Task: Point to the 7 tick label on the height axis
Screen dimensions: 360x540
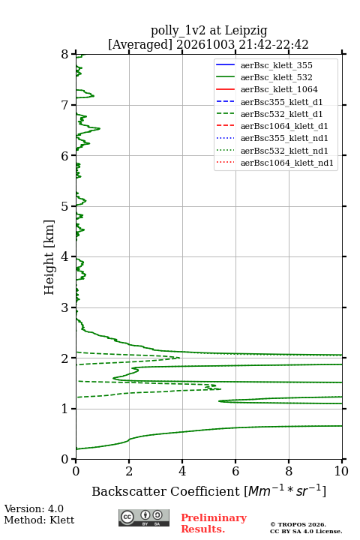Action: point(64,105)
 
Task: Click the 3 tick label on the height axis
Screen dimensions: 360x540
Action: point(64,307)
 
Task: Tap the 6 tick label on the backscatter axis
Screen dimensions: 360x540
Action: point(235,471)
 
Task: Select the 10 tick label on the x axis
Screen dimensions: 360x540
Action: point(341,471)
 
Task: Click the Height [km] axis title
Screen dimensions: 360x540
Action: point(49,257)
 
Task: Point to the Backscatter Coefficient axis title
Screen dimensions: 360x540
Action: point(208,490)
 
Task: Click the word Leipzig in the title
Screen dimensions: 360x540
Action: point(246,31)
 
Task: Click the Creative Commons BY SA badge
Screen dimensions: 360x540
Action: point(144,517)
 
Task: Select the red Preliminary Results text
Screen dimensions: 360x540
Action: point(214,523)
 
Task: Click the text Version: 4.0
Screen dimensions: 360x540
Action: point(34,508)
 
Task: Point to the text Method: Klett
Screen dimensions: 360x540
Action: point(39,520)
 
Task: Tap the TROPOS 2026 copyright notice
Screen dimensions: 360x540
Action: point(298,524)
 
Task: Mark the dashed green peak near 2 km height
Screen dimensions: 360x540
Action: point(179,358)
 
